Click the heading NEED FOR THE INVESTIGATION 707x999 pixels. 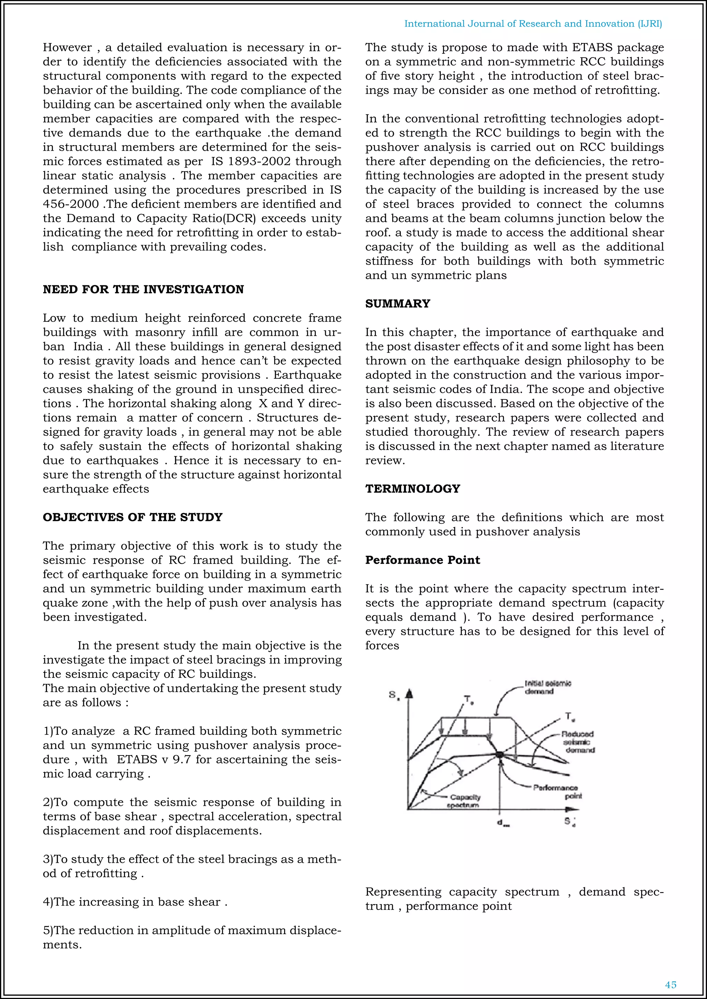143,289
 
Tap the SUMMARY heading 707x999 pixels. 397,304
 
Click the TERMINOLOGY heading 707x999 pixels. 412,488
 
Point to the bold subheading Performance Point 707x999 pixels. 422,560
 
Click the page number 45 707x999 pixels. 670,985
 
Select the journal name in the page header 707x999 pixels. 533,23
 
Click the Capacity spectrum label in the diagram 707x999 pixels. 465,801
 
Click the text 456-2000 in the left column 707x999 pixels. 70,204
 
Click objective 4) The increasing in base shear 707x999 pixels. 135,901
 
